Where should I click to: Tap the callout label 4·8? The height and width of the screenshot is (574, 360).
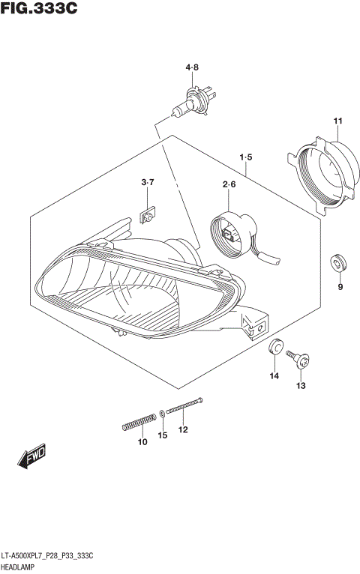click(193, 68)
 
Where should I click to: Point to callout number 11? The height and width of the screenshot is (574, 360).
click(337, 121)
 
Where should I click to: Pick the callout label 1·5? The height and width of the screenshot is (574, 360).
click(246, 157)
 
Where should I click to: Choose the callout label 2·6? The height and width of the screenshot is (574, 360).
click(229, 184)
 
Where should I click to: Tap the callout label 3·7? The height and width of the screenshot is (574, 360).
click(147, 183)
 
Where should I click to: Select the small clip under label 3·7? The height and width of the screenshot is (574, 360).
click(148, 216)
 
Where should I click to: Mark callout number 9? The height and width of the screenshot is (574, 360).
click(340, 287)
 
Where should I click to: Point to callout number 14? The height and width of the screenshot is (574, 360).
click(274, 375)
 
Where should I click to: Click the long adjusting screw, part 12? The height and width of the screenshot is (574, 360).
click(185, 407)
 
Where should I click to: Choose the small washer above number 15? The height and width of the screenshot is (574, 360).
click(163, 414)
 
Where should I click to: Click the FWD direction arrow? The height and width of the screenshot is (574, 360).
click(30, 458)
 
